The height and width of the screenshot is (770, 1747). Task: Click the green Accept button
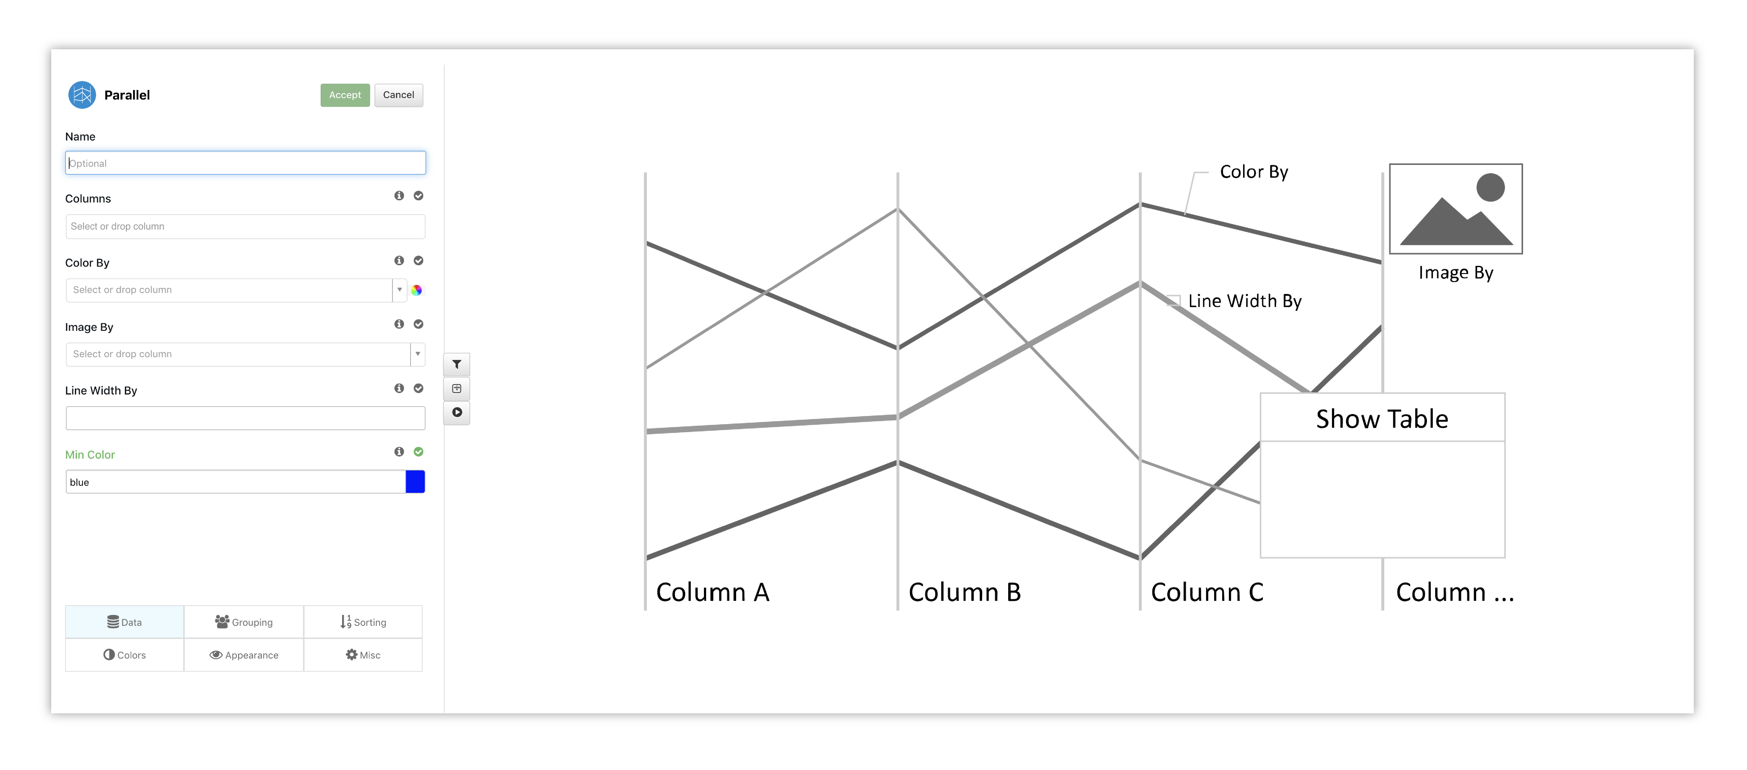345,95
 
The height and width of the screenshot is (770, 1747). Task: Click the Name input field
245,163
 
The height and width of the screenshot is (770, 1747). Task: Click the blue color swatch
415,482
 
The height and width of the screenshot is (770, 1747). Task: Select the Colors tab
125,655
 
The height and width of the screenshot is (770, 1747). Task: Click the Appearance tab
244,655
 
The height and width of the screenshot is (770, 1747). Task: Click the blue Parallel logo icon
82,95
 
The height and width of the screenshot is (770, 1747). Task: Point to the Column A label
713,592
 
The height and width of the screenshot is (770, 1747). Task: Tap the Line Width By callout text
1245,301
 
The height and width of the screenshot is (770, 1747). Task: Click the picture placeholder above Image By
1456,209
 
